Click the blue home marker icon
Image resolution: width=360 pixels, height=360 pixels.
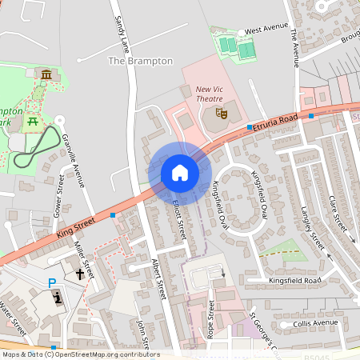180,173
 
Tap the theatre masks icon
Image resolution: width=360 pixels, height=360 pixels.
223,114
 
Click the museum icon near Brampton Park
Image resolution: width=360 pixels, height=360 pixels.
46,75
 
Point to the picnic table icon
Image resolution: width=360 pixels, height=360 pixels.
33,122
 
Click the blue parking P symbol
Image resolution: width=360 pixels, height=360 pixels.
52,282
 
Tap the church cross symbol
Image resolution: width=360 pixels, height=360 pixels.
80,274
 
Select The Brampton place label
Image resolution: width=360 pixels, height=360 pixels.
140,61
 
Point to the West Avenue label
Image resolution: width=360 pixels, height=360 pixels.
266,29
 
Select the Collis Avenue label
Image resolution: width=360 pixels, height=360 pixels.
316,322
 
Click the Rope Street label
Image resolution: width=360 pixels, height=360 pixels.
211,318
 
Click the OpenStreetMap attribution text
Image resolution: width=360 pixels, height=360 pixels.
80,354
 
